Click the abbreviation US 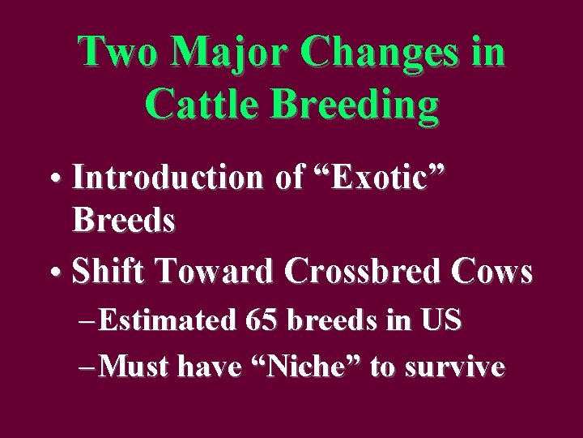440,321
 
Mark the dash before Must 91,368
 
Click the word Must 136,367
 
